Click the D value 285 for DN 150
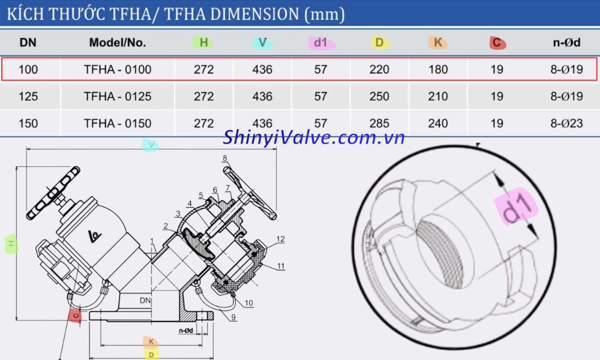pos(379,124)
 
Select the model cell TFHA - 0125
pos(118,96)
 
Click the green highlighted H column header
pos(203,43)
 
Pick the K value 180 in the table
pos(438,70)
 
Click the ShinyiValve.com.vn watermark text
pos(314,138)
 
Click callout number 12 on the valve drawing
pos(280,239)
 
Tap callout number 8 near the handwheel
pos(225,158)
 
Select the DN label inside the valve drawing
pos(145,300)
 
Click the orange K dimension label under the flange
pos(151,342)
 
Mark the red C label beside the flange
pos(75,315)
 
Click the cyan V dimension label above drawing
pos(151,145)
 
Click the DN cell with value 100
pos(28,70)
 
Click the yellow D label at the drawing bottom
pos(151,355)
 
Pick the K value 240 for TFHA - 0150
pos(438,124)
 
